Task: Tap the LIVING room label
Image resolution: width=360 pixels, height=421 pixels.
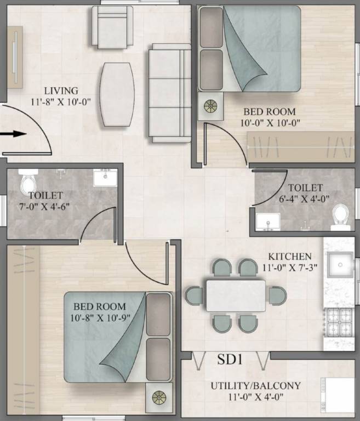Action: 61,90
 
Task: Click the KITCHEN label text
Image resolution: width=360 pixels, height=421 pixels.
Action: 289,256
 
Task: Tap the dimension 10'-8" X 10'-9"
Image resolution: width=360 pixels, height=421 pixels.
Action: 100,317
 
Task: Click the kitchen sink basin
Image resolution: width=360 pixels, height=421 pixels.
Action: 340,265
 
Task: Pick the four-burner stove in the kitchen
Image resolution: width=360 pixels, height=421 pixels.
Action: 340,323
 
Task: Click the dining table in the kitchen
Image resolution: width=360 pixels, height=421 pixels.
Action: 236,295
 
